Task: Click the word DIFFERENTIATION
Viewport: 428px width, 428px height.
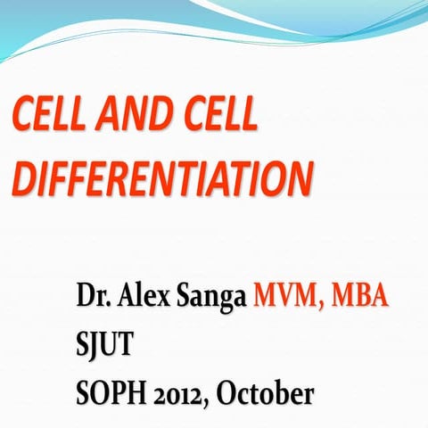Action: tap(163, 178)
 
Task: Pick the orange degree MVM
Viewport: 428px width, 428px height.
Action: tap(288, 296)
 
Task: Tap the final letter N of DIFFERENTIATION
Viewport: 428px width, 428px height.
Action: tap(300, 178)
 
